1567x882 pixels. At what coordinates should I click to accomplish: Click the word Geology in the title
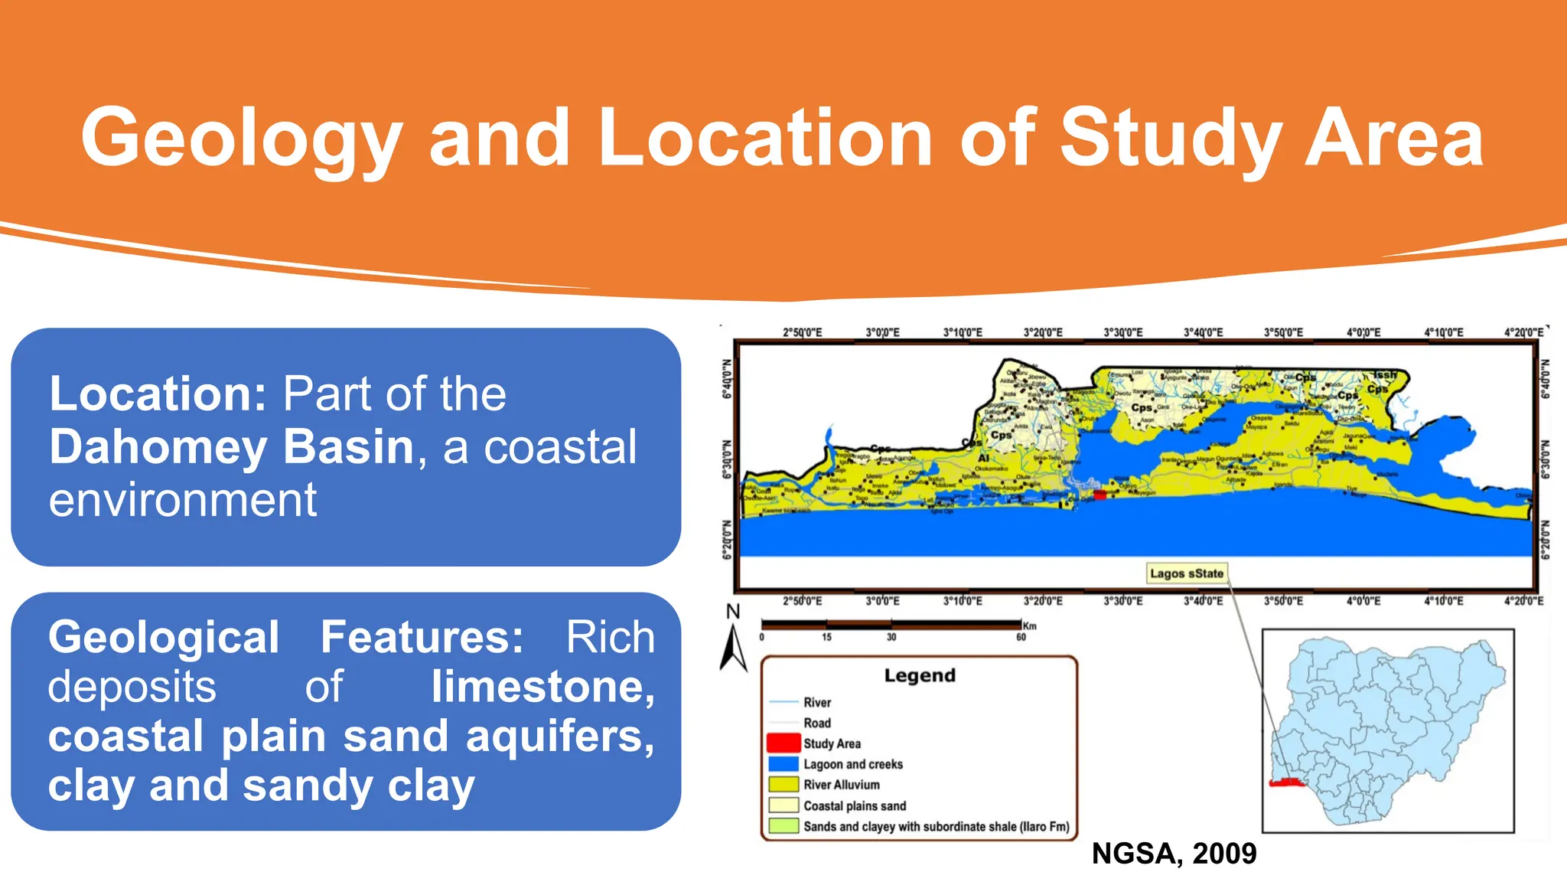click(242, 139)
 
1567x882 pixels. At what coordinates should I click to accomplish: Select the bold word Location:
click(158, 394)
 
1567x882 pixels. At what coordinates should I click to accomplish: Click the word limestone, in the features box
click(542, 687)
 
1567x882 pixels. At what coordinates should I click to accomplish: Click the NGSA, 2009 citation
click(1174, 854)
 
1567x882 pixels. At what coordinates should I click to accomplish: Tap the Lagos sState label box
click(1186, 573)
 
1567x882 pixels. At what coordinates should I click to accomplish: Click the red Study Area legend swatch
click(783, 743)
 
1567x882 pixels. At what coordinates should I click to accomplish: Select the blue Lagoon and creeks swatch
click(783, 764)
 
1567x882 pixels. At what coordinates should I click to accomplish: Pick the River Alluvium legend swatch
click(783, 785)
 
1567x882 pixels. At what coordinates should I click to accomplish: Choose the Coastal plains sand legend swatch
click(783, 805)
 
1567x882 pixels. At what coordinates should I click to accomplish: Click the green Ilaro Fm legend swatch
click(783, 826)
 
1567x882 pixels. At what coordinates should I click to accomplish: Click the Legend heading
click(920, 675)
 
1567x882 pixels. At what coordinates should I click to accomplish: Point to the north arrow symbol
click(733, 648)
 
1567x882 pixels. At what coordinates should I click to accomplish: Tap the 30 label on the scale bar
click(891, 637)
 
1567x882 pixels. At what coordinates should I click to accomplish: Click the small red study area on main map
click(1100, 495)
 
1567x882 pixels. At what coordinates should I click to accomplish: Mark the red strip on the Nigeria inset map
click(1285, 782)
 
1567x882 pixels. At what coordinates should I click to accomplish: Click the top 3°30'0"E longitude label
click(1122, 333)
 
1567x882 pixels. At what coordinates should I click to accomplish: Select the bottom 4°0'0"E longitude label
click(1363, 602)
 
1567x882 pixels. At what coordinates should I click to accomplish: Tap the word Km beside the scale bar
click(1030, 626)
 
